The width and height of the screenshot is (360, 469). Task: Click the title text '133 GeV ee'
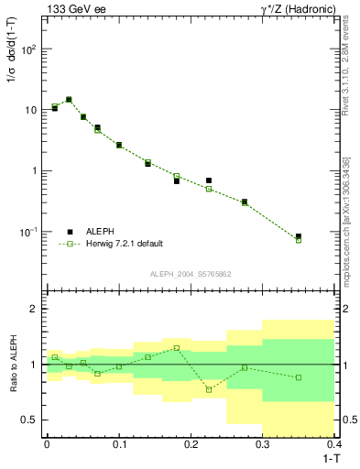click(x=71, y=9)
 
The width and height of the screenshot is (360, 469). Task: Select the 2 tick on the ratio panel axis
click(x=34, y=310)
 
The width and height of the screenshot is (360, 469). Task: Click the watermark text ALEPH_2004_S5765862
click(x=190, y=274)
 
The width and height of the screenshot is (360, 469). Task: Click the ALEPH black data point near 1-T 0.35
click(x=299, y=236)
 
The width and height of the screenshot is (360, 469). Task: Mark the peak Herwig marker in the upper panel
click(x=69, y=99)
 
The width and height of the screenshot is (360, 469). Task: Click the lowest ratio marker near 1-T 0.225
click(x=209, y=389)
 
